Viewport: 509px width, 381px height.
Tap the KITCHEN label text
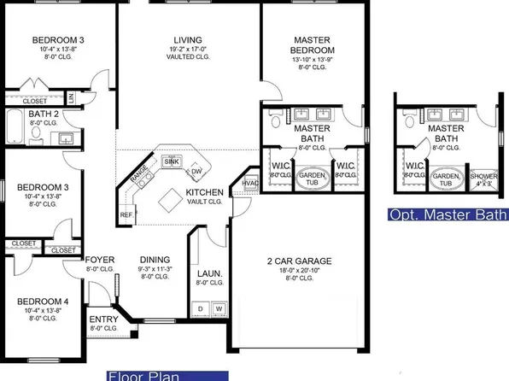pos(205,194)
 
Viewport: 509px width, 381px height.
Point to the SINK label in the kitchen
pos(172,160)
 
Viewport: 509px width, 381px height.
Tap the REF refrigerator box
pos(127,214)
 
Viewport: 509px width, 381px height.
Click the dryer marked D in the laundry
pos(202,308)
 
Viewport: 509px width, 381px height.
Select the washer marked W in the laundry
pos(218,308)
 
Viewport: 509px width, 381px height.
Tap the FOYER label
pos(95,260)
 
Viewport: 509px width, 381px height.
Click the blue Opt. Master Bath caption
pos(447,214)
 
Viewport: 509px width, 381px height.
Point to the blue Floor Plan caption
pos(167,375)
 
